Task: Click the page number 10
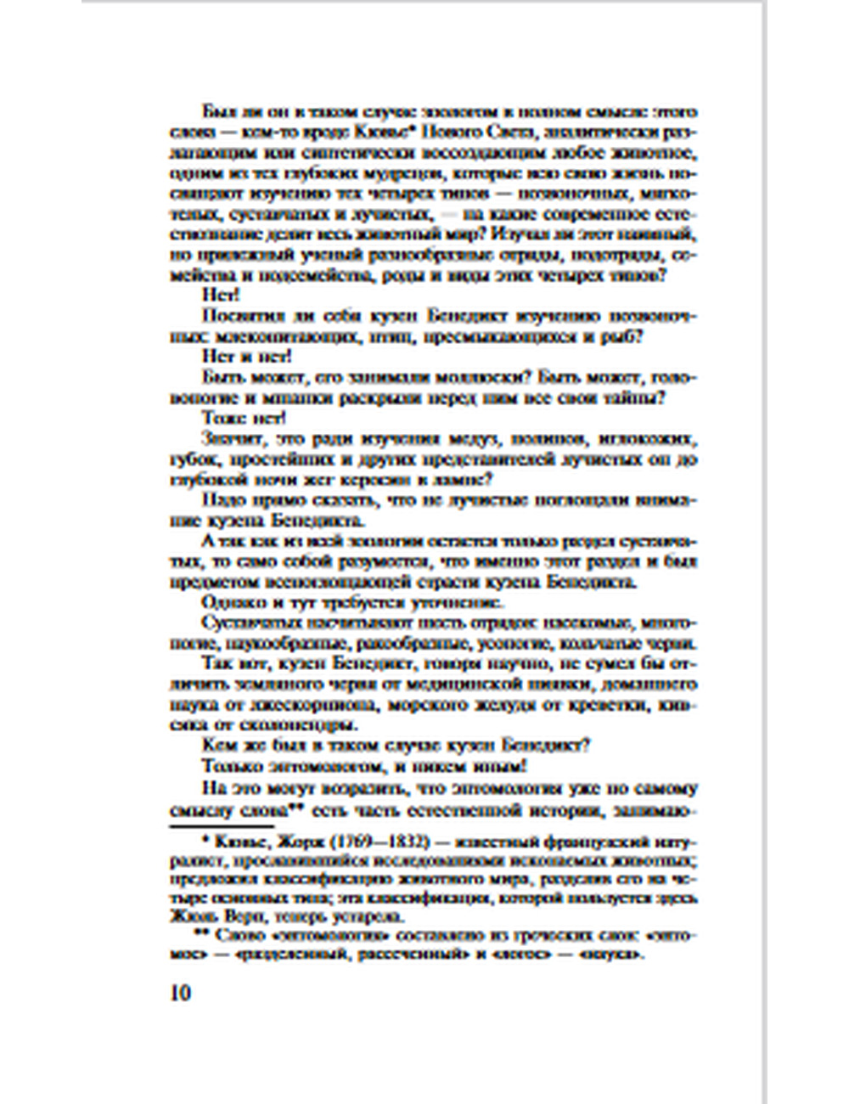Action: (181, 993)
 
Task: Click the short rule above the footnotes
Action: (222, 825)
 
